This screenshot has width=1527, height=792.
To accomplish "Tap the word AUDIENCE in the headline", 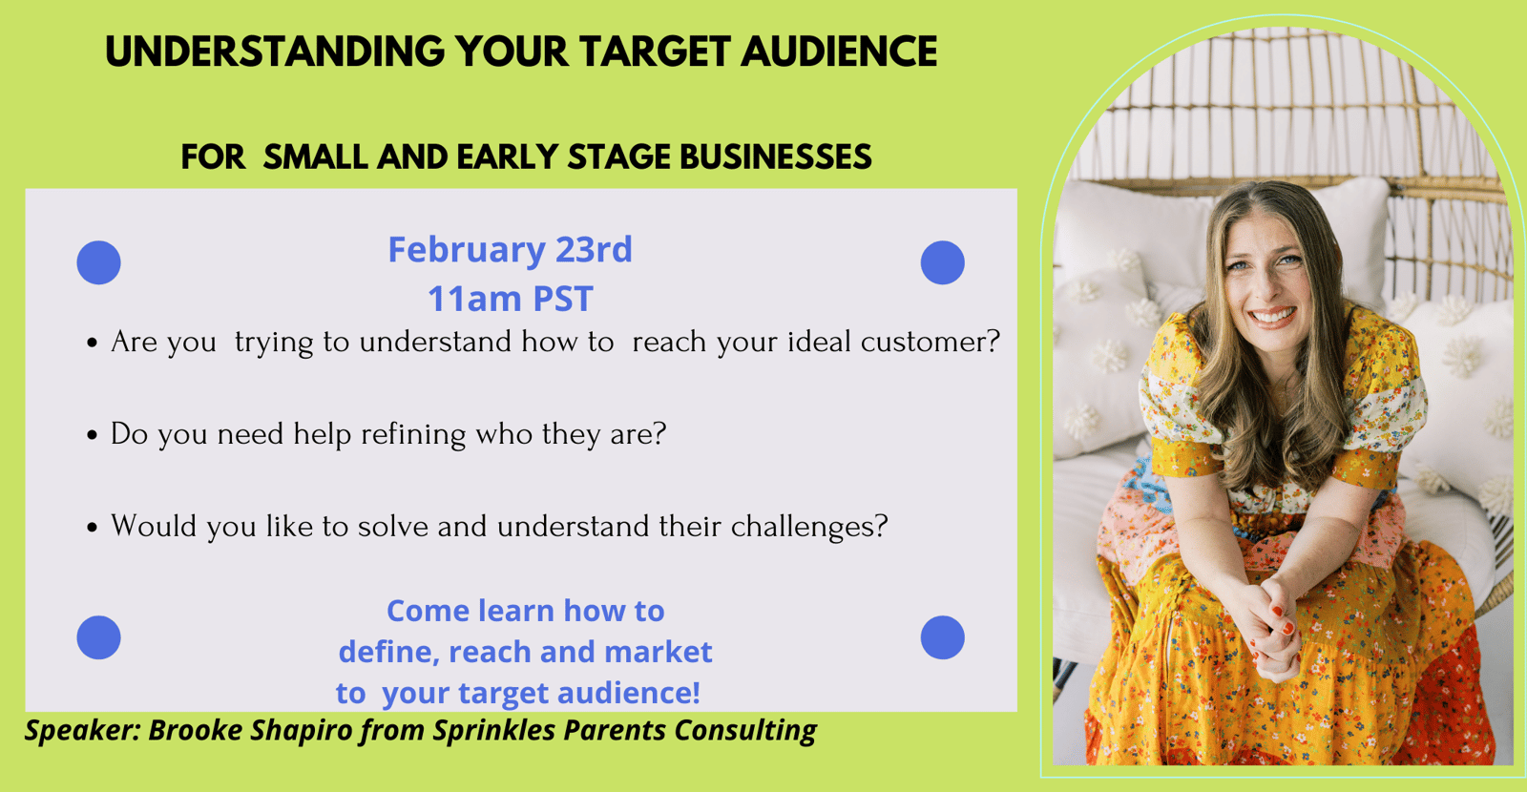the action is [x=839, y=52].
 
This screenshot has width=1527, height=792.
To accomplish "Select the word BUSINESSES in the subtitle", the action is [x=776, y=156].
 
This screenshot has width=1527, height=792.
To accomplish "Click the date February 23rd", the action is [x=510, y=249].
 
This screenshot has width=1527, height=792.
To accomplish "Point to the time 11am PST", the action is [x=511, y=299].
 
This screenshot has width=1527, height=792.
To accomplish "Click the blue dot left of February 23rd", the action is [x=99, y=262].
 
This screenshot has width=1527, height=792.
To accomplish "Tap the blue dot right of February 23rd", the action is [x=943, y=262].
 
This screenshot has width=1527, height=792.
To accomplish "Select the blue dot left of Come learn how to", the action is [x=99, y=637].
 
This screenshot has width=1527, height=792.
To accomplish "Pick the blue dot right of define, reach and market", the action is [x=943, y=637].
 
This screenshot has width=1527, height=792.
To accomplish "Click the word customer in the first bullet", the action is [x=930, y=342].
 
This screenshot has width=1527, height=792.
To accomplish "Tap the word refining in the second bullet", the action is [x=413, y=434].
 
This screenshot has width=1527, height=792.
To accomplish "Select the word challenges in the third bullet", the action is [x=809, y=526].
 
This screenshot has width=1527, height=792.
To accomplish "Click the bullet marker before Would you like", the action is [x=93, y=528].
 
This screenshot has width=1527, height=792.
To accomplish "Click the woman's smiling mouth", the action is [x=1272, y=317].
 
